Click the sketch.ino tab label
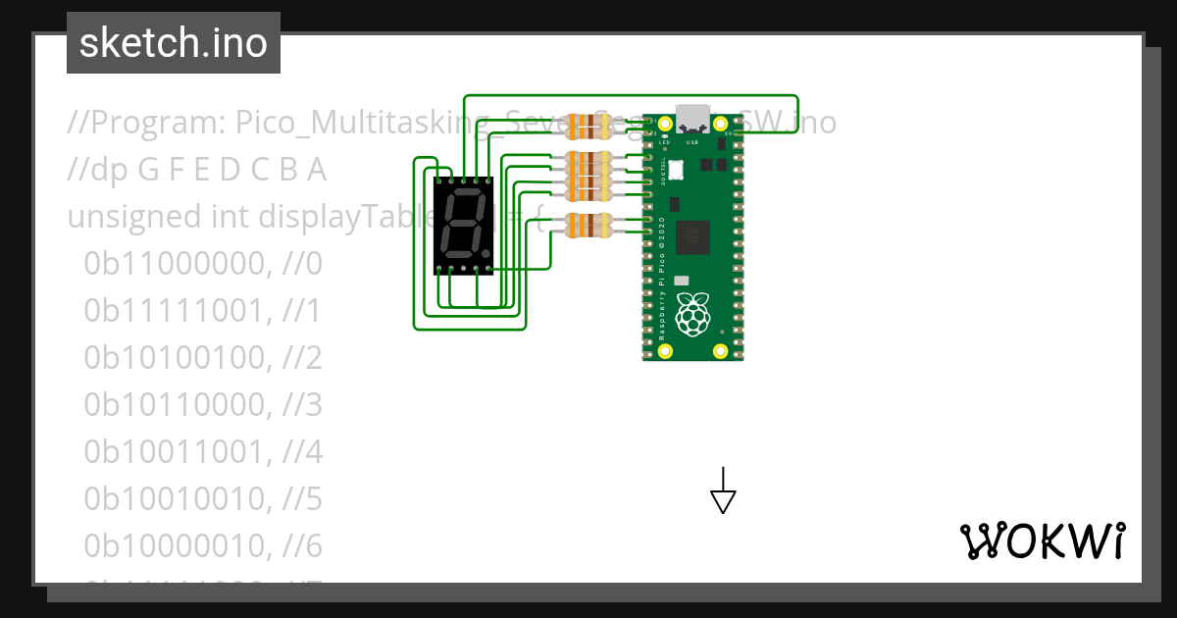point(173,43)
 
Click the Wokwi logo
point(1042,541)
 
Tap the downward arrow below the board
point(723,490)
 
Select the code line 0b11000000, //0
point(202,264)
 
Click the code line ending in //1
point(202,311)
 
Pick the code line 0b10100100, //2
point(202,358)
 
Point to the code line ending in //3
point(202,405)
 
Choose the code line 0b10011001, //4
point(202,452)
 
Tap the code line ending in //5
point(202,499)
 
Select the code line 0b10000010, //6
point(202,545)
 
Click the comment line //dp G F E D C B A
point(196,170)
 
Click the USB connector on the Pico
point(692,118)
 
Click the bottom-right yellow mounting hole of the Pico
point(721,350)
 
